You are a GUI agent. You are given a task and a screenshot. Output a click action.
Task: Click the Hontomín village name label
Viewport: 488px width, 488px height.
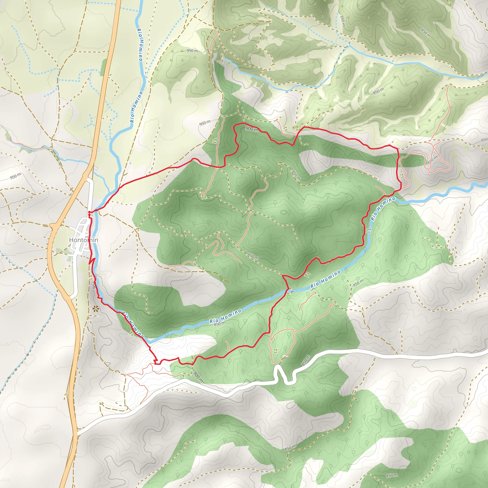coord(84,240)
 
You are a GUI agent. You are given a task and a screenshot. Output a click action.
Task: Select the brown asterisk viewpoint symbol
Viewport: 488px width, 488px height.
coord(96,308)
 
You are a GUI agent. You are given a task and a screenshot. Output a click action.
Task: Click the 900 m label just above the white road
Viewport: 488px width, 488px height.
coord(198,377)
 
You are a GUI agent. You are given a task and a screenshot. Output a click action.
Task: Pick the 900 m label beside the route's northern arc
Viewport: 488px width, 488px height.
coord(252,129)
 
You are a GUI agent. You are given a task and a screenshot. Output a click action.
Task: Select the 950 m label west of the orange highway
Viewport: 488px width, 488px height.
coord(16,176)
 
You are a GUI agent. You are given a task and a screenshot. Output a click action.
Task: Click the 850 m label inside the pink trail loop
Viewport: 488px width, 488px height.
coord(432,160)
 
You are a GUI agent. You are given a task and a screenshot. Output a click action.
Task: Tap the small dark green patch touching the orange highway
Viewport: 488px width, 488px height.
coord(104,67)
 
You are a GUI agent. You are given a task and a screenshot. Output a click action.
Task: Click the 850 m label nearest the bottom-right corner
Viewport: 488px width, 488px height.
coord(392,475)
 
